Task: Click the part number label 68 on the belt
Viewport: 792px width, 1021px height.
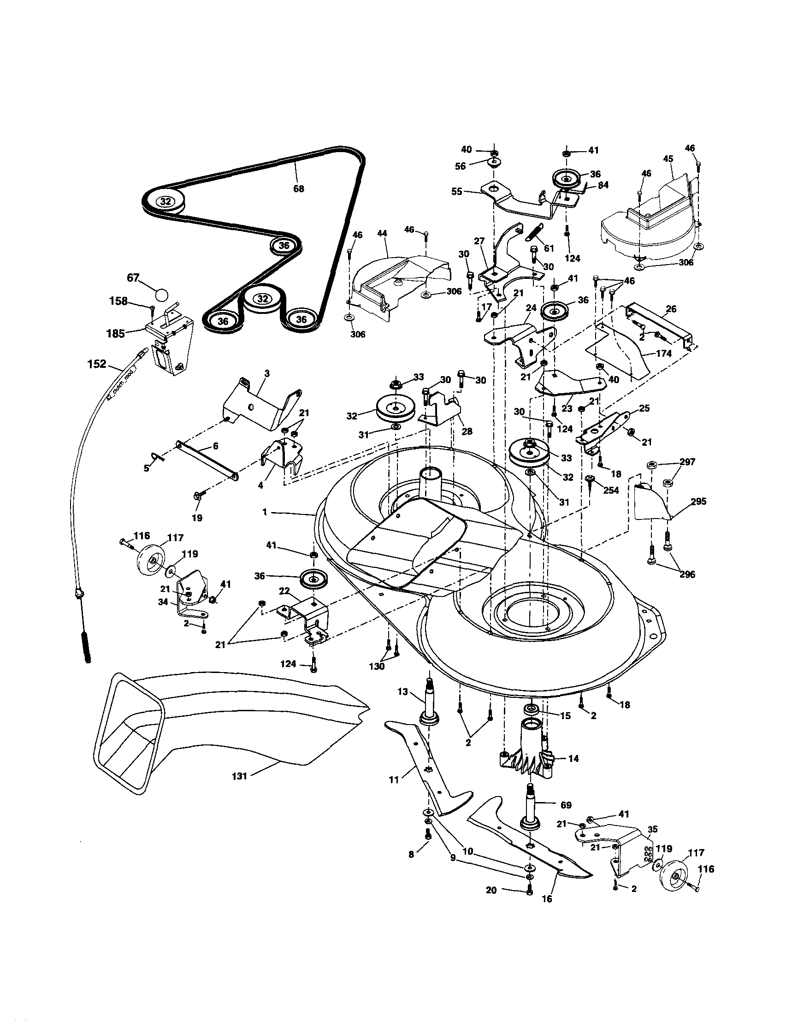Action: (298, 189)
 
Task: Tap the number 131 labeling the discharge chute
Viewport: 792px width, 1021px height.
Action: (239, 777)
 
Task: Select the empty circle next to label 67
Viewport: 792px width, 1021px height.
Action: (161, 295)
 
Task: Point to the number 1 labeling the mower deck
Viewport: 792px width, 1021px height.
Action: (265, 513)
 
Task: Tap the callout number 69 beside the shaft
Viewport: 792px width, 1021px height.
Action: (566, 805)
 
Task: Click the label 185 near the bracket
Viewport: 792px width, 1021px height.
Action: (115, 334)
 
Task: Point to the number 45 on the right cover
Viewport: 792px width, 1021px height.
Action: (668, 159)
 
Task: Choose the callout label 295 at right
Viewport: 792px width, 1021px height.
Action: (698, 502)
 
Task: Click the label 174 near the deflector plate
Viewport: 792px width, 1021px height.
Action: (663, 354)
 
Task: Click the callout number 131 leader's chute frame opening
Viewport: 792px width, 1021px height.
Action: (129, 734)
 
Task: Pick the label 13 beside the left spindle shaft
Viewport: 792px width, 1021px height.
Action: (403, 692)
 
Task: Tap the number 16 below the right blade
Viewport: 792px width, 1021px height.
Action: (547, 898)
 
